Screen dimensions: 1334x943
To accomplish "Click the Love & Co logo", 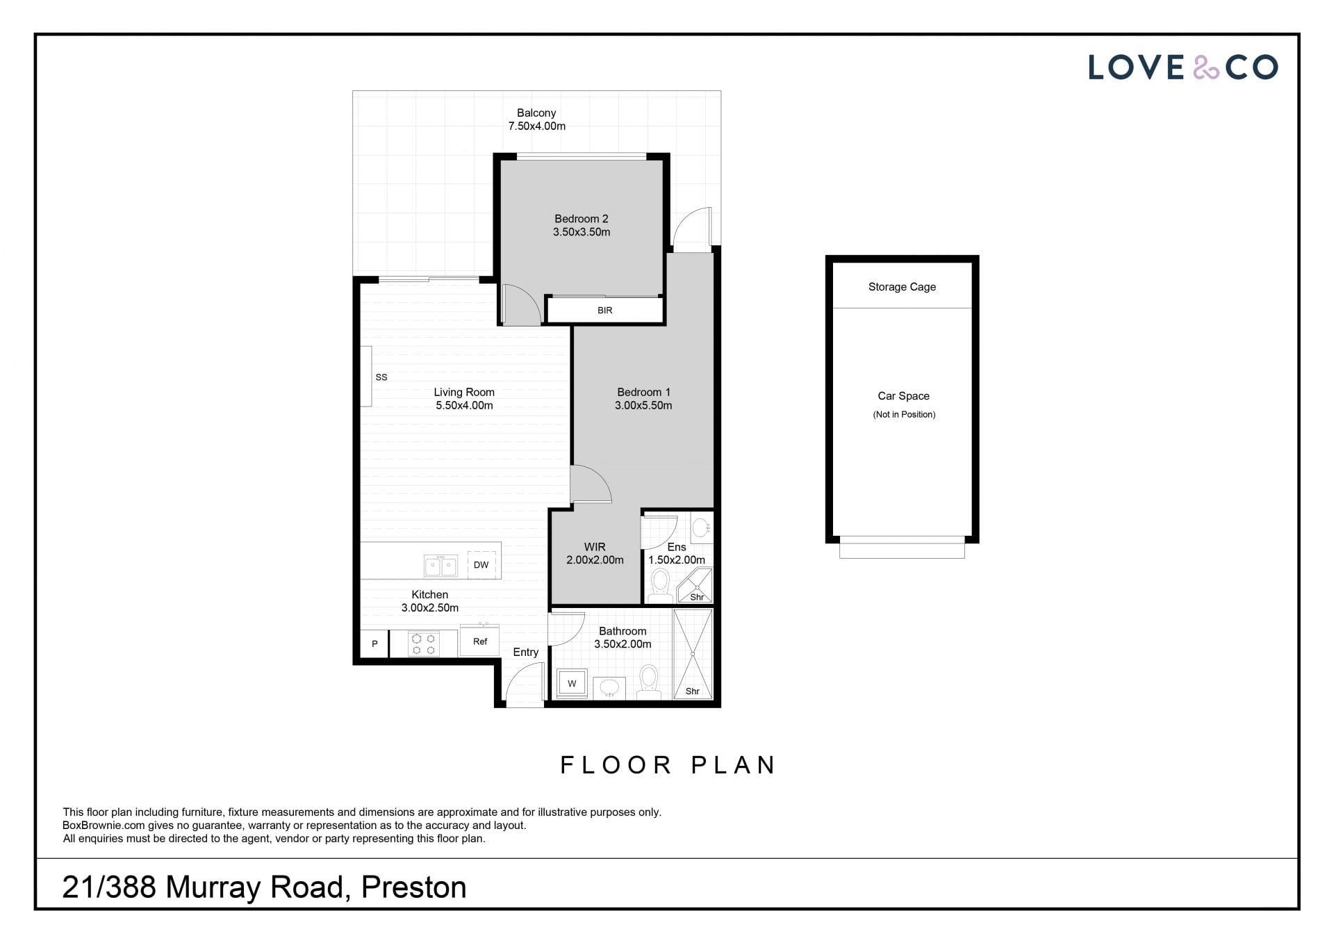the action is [1183, 67].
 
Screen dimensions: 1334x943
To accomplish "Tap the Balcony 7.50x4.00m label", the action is [536, 120].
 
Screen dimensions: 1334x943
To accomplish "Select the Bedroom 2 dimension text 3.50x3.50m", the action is [582, 232].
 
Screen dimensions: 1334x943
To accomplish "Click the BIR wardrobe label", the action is [604, 311].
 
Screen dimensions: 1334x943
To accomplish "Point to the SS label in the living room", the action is [381, 377].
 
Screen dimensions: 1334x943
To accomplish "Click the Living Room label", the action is [464, 392].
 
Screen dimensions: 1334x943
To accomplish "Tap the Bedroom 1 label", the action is [643, 392].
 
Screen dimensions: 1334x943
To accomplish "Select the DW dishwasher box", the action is [481, 565].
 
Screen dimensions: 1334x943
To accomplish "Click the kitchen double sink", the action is [440, 566].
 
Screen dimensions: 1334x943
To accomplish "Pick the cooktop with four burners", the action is [424, 643].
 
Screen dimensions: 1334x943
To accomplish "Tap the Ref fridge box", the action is [480, 641].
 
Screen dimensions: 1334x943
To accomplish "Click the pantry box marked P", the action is [374, 643].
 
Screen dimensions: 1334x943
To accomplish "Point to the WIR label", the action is [595, 547].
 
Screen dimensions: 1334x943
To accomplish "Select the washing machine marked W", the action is [573, 683].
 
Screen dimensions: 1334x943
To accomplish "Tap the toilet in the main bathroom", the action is [649, 682].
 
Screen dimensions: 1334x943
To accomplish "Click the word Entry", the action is [526, 652].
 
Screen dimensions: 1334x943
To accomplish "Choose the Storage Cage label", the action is [902, 287].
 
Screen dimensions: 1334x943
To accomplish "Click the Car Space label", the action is [903, 396].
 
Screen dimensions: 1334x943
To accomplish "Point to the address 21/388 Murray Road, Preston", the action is [264, 887].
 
